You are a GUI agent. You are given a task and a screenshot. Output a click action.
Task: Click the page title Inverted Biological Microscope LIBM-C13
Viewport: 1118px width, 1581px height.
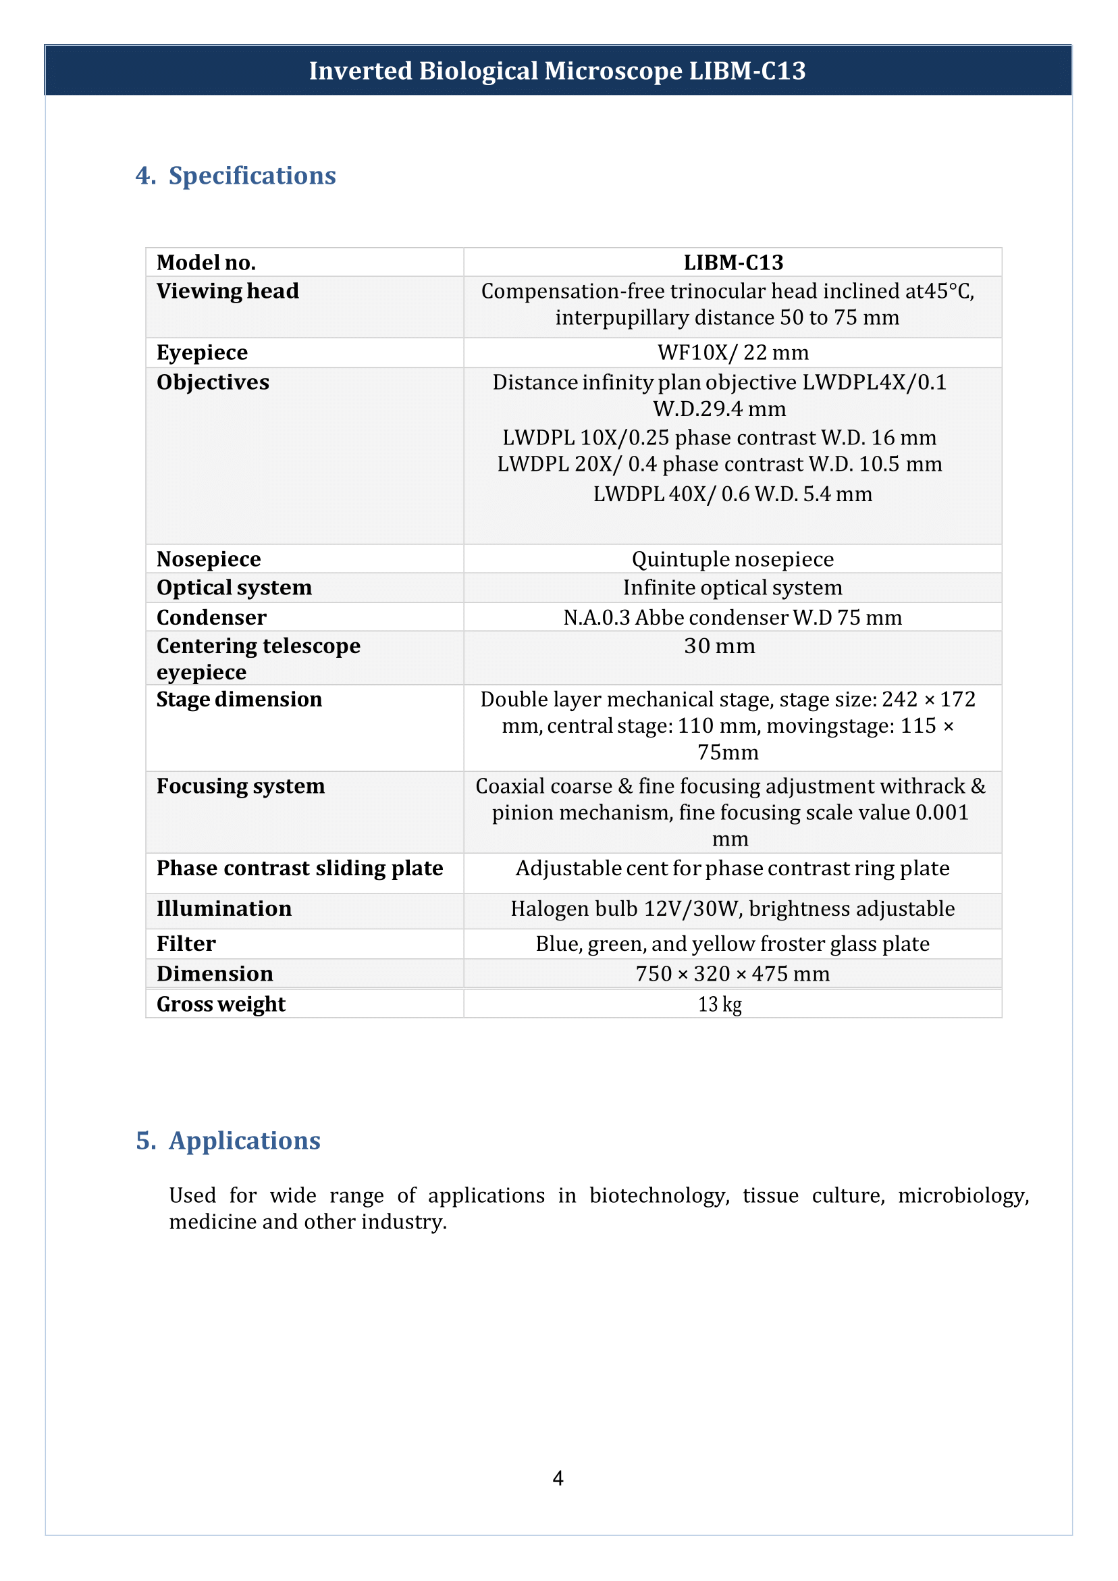coord(557,71)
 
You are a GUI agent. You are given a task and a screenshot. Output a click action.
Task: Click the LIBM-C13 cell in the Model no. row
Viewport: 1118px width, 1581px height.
coord(733,262)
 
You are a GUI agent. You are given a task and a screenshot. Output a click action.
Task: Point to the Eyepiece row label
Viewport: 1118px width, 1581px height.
coord(202,353)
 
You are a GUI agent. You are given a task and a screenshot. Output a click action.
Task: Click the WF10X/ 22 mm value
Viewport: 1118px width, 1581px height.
coord(733,353)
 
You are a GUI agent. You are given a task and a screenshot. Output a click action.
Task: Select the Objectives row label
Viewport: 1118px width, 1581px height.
coord(213,382)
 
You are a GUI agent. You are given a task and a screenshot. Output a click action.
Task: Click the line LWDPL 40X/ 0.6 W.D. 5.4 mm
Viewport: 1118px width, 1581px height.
coord(733,494)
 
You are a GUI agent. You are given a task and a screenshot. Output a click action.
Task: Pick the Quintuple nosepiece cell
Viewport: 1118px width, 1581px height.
coord(733,559)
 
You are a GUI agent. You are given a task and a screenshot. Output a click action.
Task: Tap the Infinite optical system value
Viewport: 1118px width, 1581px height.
coord(733,588)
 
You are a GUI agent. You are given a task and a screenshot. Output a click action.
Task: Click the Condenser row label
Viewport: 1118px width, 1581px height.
coord(211,618)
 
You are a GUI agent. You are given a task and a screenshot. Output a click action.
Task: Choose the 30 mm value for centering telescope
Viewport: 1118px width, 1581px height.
coord(720,646)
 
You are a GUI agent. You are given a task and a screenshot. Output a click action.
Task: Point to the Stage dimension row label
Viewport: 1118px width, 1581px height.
coord(239,700)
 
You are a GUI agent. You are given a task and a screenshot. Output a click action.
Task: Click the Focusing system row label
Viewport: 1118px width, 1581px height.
coord(240,786)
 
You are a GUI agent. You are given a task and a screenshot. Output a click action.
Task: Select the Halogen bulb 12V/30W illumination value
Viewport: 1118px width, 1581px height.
coord(733,909)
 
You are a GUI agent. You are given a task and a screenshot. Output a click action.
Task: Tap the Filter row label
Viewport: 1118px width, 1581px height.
coord(186,944)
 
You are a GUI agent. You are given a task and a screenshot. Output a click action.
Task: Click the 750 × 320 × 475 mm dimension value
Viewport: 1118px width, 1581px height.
coord(733,974)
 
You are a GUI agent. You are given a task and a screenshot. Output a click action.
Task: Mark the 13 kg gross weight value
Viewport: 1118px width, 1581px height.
coord(720,1004)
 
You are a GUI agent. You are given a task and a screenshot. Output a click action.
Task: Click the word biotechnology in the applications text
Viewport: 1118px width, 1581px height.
coord(659,1195)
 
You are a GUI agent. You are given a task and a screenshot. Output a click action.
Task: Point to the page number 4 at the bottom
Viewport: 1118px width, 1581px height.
coord(558,1478)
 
